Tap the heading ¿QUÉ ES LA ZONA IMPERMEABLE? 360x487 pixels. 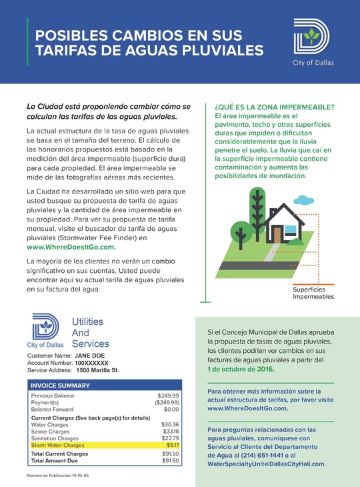tap(275, 107)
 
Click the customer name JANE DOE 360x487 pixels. tap(89, 356)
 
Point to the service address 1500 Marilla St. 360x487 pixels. tap(97, 370)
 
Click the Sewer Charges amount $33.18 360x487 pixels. tap(171, 431)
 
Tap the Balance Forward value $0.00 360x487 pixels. tap(171, 409)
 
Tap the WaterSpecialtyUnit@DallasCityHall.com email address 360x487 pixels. tap(266, 463)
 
